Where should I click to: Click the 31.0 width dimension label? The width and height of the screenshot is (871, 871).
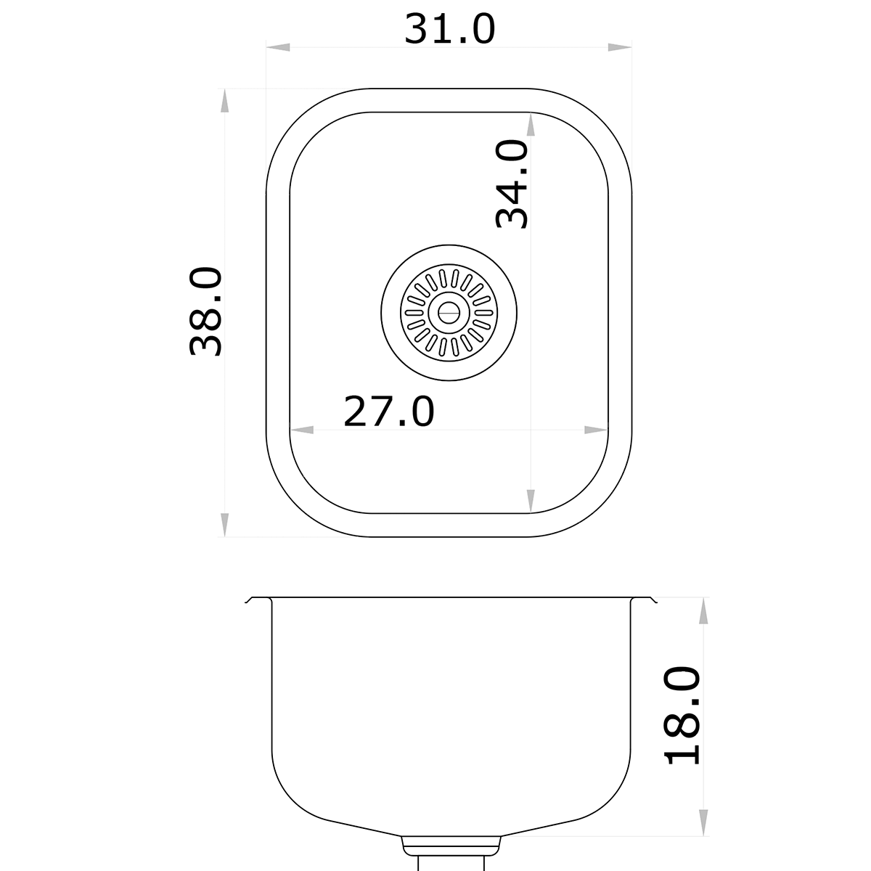point(449,29)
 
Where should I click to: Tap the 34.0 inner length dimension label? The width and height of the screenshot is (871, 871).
point(512,184)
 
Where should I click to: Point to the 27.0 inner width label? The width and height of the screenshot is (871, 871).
point(389,412)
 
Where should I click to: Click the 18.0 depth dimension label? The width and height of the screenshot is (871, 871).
point(683,715)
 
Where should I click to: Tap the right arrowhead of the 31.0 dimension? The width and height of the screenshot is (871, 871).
point(619,48)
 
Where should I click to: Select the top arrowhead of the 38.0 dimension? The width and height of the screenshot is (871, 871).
point(225,101)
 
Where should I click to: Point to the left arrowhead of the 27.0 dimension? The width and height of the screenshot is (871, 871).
point(302,430)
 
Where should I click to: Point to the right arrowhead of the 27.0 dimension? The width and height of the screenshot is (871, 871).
point(596,430)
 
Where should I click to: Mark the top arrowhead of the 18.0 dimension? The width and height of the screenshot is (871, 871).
point(702,611)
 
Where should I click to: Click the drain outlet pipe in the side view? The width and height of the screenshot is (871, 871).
point(451,860)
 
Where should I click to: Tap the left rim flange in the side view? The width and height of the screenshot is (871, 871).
point(258,600)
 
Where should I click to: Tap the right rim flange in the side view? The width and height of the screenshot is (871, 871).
point(643,600)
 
